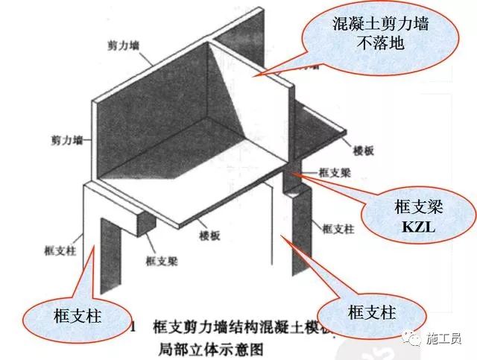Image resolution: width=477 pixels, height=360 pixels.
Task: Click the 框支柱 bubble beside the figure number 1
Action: (x=72, y=317)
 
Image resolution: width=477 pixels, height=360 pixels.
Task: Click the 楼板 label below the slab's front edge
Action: (x=210, y=234)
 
